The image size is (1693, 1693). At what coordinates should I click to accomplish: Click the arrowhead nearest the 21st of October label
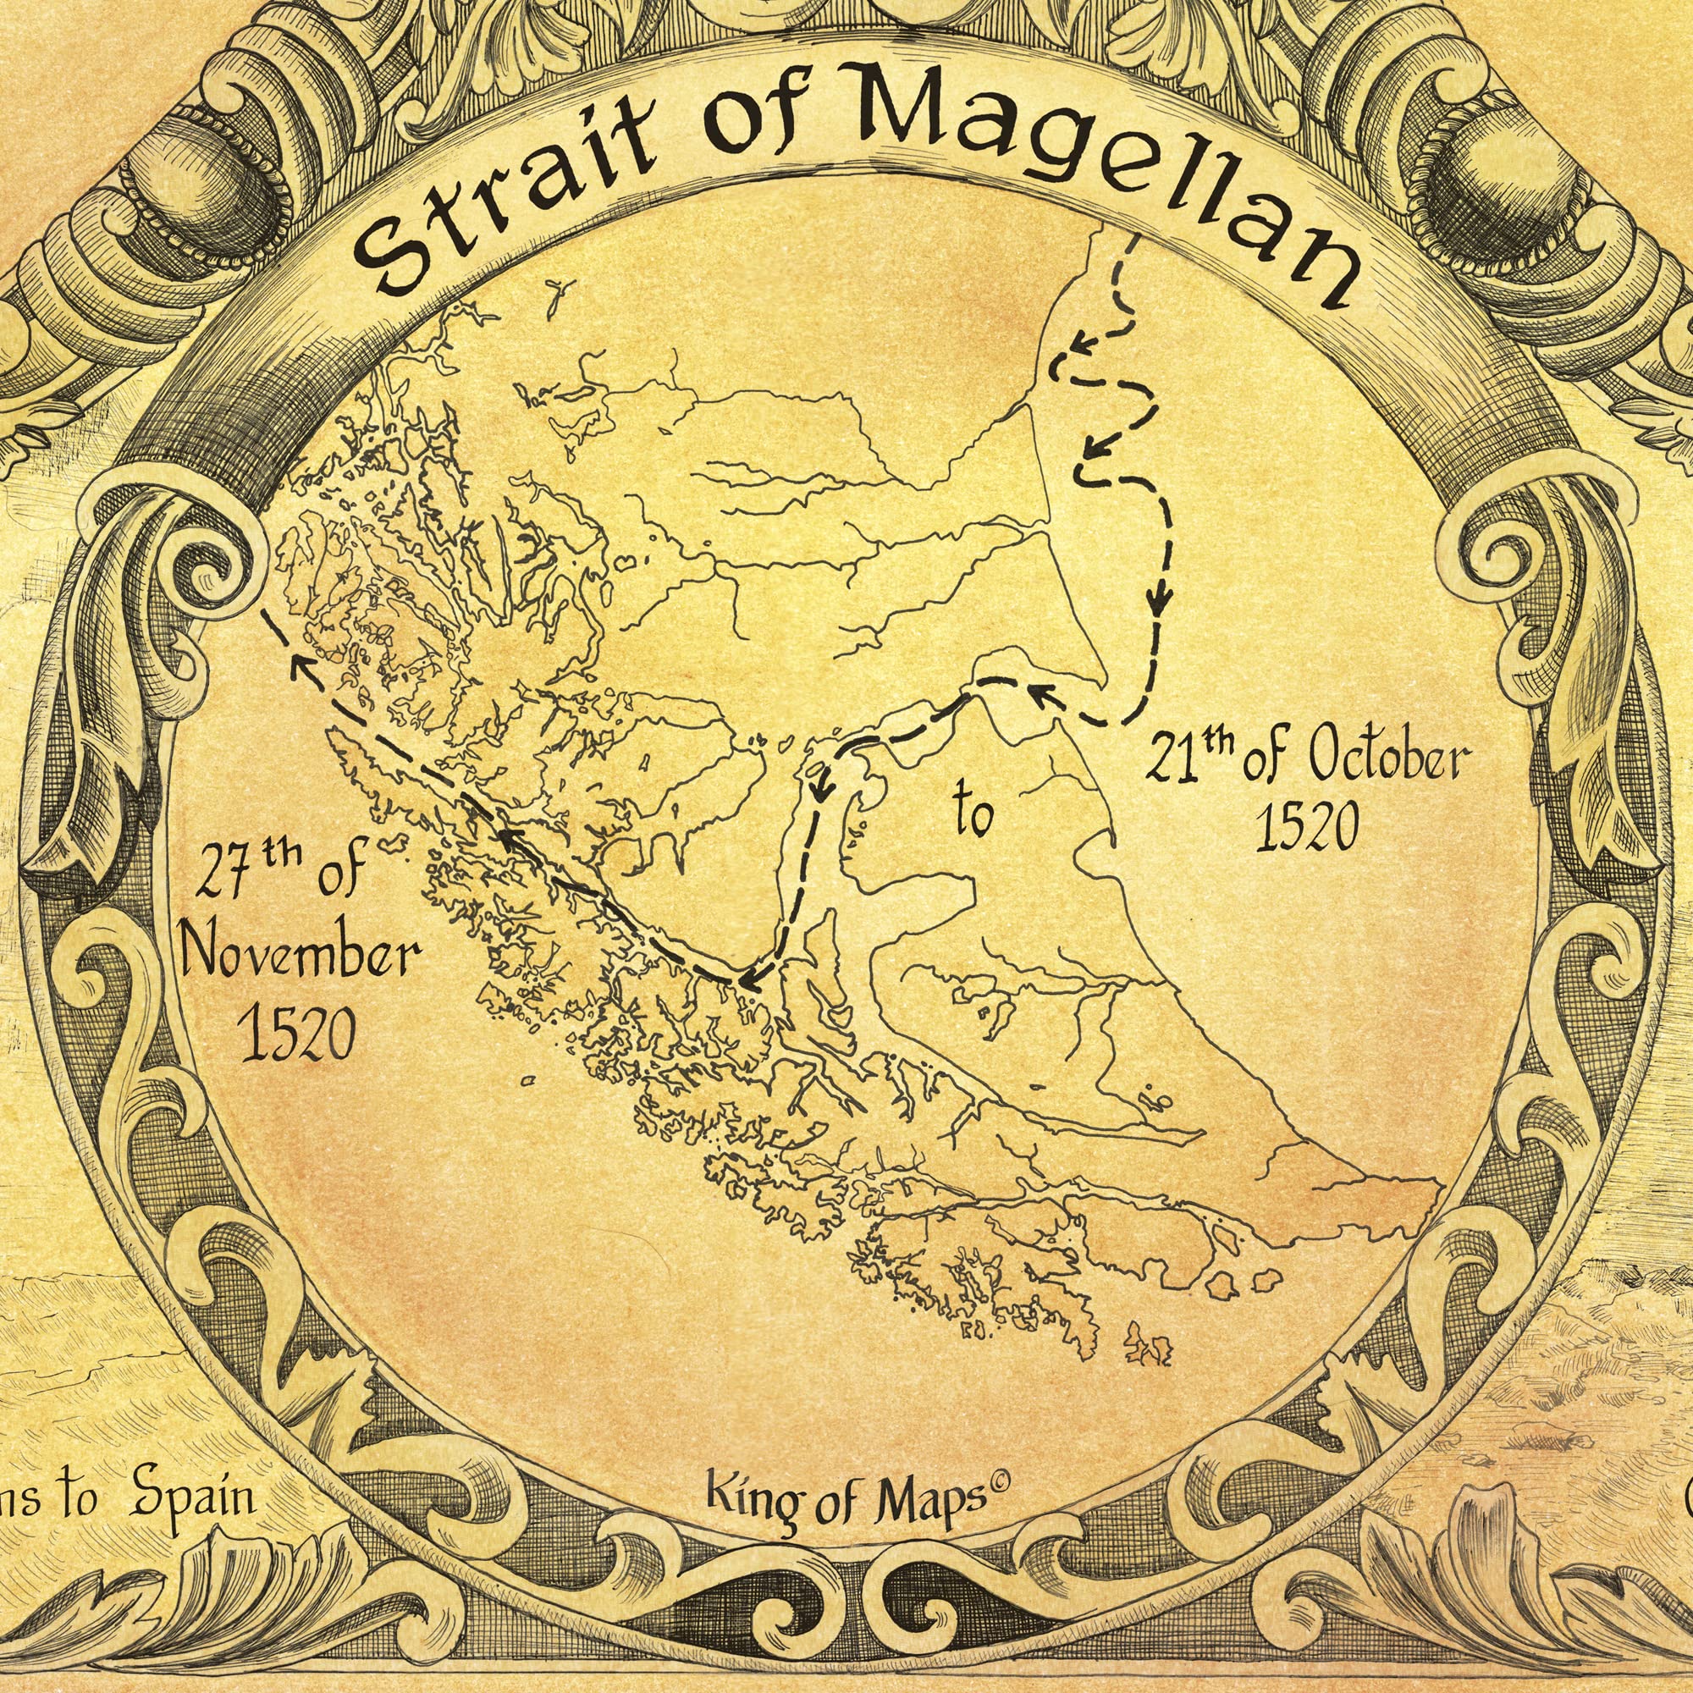[1040, 692]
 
